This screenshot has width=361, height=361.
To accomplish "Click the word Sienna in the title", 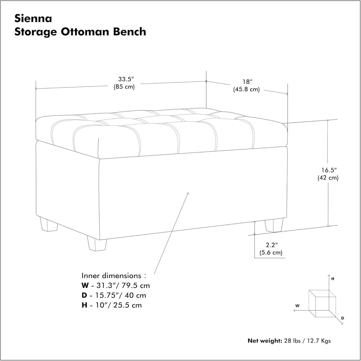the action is (33, 18).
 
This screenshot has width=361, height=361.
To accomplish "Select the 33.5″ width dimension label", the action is (126, 79).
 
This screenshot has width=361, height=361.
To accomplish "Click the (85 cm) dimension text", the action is (124, 87).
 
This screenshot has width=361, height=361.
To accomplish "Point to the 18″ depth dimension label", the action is (247, 82).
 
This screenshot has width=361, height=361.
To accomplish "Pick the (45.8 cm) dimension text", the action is (246, 89).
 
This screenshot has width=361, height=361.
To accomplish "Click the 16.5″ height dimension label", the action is (329, 170).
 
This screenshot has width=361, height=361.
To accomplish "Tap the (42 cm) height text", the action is (328, 178).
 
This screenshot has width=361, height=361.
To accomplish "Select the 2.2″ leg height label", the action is (271, 245).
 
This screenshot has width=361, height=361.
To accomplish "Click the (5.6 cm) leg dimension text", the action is (271, 252).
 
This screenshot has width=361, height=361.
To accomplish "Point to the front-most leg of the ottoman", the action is (97, 243).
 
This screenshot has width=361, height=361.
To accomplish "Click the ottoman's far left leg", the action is (48, 224).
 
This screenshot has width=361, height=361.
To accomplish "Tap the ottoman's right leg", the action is (274, 225).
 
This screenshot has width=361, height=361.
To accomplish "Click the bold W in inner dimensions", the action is (85, 286).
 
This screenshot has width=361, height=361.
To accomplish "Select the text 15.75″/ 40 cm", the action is (121, 295).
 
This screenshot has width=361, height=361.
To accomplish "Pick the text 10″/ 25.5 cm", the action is (118, 305).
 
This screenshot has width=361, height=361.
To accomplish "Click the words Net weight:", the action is (265, 341).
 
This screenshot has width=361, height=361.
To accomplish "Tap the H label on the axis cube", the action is (332, 279).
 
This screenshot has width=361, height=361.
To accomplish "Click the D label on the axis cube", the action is (343, 318).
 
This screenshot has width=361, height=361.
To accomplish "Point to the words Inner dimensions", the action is (111, 276).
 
